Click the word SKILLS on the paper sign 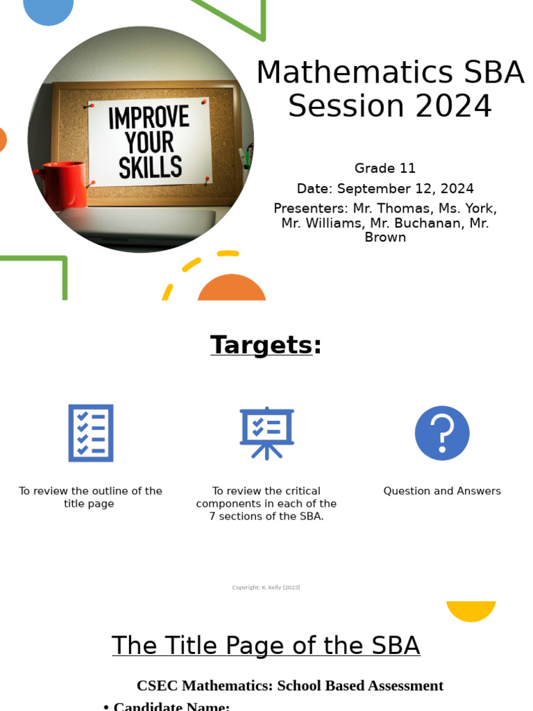(150, 167)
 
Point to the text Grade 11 (385, 168)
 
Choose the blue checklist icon (91, 433)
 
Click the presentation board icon (266, 433)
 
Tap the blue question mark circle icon (442, 433)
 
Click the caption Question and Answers (442, 491)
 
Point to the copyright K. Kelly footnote (266, 587)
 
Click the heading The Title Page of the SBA (266, 646)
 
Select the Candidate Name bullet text (171, 705)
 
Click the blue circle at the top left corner (49, 8)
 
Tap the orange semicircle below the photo (232, 289)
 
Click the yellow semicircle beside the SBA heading (471, 610)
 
